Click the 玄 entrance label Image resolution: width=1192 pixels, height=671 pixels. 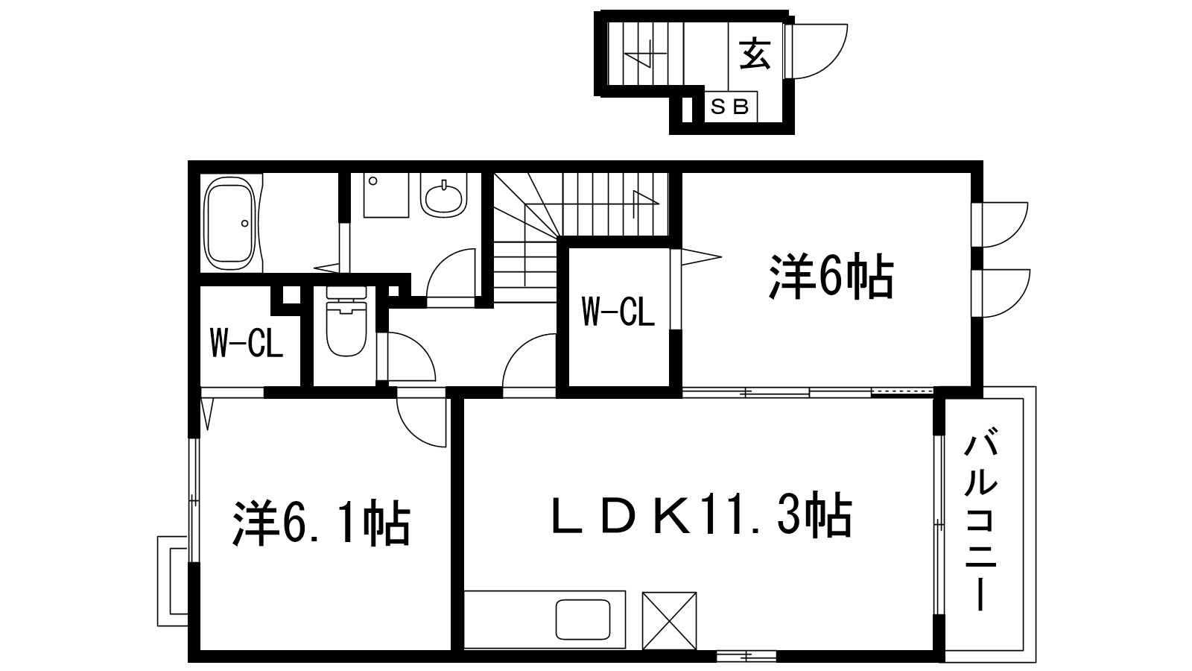click(x=755, y=54)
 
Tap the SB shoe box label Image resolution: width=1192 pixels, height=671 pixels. click(x=730, y=107)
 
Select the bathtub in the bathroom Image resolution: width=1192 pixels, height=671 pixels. click(x=231, y=224)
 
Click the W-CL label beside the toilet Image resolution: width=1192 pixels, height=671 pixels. click(x=247, y=344)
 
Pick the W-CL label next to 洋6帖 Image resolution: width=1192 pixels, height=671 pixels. click(x=618, y=312)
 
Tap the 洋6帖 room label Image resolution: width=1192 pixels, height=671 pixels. click(x=831, y=277)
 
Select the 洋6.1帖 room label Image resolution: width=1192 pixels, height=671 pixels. click(x=321, y=523)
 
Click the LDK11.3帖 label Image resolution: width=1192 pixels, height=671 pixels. click(x=701, y=516)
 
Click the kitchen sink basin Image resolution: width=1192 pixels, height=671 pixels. click(x=583, y=620)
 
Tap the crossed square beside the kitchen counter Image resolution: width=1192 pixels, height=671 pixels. click(x=670, y=621)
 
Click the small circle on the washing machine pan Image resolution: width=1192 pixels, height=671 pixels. click(x=373, y=181)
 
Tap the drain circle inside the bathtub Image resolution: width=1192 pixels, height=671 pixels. click(x=245, y=223)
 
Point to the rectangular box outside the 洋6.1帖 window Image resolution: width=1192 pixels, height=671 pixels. click(x=172, y=581)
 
